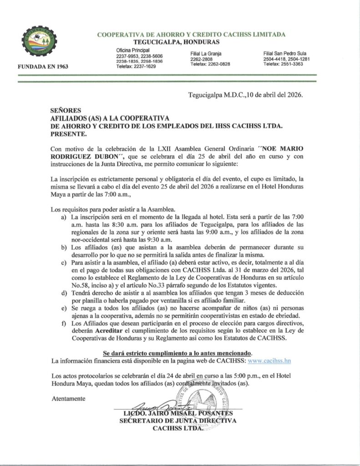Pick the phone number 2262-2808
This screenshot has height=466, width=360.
pyautogui.click(x=202, y=60)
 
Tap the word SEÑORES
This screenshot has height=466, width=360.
pyautogui.click(x=65, y=110)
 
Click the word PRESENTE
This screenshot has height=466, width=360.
pyautogui.click(x=67, y=135)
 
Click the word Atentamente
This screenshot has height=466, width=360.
pyautogui.click(x=68, y=398)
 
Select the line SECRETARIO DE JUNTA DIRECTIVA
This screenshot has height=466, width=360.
pyautogui.click(x=178, y=421)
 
